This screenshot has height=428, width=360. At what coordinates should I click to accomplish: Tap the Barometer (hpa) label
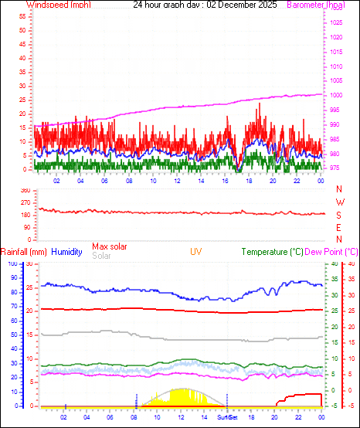tap(315, 5)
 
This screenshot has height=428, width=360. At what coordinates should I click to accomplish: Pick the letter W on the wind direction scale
tap(340, 202)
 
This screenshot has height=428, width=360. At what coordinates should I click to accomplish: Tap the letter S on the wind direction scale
tap(340, 215)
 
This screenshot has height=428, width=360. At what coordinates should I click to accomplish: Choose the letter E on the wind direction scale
tap(340, 228)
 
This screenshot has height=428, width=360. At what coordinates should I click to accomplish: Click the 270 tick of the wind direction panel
tap(25, 202)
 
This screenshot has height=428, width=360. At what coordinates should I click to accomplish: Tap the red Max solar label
tap(110, 246)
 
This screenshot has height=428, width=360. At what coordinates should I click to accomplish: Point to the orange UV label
tap(197, 252)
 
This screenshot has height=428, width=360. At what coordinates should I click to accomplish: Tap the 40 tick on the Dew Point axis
tap(351, 264)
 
